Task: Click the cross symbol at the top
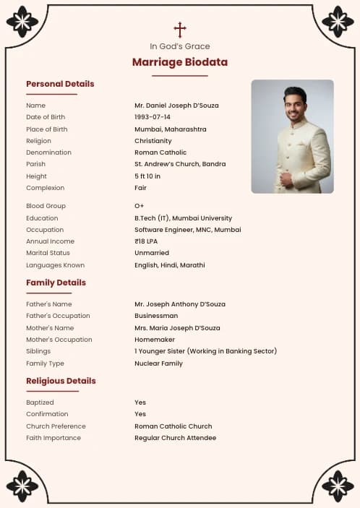(x=180, y=30)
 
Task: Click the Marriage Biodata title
(x=180, y=62)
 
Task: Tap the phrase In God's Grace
(x=180, y=46)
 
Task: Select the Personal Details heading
(x=60, y=84)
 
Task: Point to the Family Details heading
(x=56, y=283)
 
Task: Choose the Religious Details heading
(x=61, y=381)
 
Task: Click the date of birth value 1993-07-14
(x=153, y=117)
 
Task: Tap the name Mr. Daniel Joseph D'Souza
(x=176, y=106)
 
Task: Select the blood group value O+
(x=140, y=206)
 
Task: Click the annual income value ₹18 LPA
(x=147, y=241)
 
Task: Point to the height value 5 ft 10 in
(x=147, y=176)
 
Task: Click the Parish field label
(x=35, y=164)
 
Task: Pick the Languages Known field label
(x=55, y=265)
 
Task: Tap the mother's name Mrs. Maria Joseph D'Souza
(x=177, y=328)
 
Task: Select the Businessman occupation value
(x=156, y=316)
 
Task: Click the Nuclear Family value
(x=158, y=363)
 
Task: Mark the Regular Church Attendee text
(x=175, y=438)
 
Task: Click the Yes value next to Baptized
(x=140, y=402)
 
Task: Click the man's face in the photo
(x=295, y=106)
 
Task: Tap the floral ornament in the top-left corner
(x=22, y=22)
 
